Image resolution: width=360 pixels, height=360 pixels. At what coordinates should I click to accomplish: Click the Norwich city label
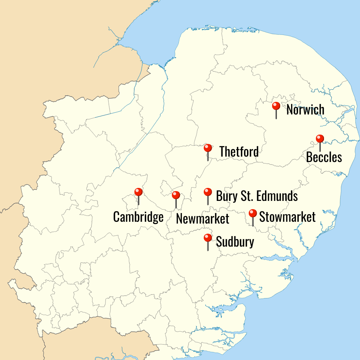pos(305,110)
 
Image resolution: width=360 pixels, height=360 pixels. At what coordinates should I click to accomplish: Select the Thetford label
pos(239,152)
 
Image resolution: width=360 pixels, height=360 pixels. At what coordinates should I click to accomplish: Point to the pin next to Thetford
pos(208,148)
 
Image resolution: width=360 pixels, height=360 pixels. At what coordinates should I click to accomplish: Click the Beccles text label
pos(324,157)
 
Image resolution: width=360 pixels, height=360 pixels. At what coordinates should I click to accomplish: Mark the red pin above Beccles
pos(320,139)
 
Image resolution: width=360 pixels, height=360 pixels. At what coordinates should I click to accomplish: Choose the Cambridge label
pos(138,217)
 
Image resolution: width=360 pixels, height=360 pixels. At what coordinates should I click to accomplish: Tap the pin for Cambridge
pos(138,192)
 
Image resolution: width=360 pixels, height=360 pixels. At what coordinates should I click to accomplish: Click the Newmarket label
pos(203,219)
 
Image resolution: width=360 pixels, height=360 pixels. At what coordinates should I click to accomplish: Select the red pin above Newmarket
pos(176,195)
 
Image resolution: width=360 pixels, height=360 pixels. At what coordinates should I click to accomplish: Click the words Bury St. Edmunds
pos(257,196)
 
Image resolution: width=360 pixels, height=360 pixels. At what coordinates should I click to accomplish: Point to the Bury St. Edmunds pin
pos(208,192)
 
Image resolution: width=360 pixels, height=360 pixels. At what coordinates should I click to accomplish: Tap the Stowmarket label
pos(287,217)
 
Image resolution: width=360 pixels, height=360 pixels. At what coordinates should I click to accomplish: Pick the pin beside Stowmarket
pos(253,214)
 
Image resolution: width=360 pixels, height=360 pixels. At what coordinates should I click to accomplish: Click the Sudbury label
pos(235,242)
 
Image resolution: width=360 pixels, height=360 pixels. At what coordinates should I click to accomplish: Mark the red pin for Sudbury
pos(208,238)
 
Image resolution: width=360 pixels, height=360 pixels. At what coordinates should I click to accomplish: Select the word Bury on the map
pos(224,197)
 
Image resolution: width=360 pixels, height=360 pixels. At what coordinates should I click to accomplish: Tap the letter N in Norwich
pos(290,110)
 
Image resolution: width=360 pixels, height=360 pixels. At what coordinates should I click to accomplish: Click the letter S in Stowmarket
pos(262,217)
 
